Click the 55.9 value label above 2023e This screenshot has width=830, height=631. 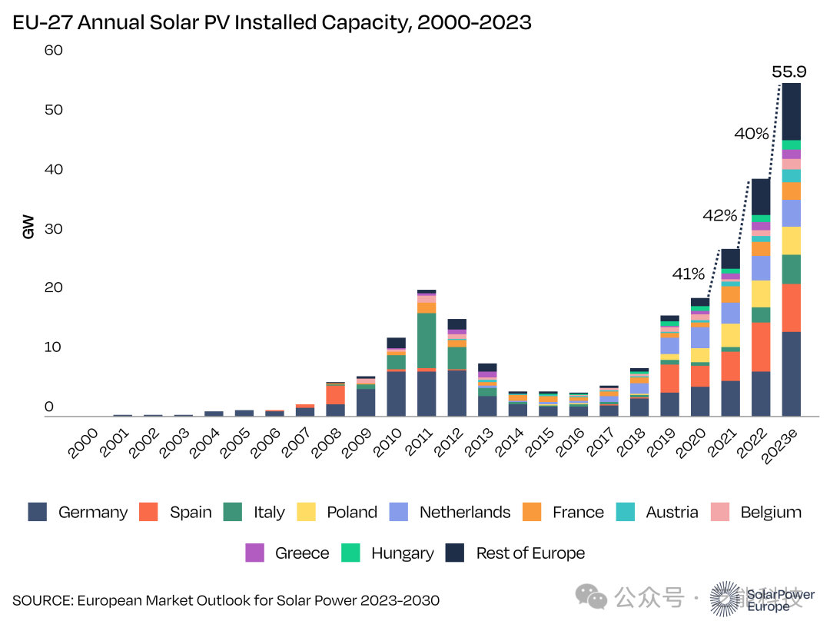788,72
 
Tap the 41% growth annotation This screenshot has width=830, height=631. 689,274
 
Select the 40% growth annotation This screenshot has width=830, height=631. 751,134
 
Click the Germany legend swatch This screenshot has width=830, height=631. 38,512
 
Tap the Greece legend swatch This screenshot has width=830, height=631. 255,553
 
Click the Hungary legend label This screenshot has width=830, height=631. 402,553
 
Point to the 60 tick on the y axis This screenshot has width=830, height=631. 53,51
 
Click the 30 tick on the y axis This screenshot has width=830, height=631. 53,229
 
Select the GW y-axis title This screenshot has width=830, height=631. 28,227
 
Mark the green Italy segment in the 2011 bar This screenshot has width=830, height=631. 427,340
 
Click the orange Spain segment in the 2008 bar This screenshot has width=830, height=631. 336,394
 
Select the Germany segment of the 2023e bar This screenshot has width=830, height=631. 792,374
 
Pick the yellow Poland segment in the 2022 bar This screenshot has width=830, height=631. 761,294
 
